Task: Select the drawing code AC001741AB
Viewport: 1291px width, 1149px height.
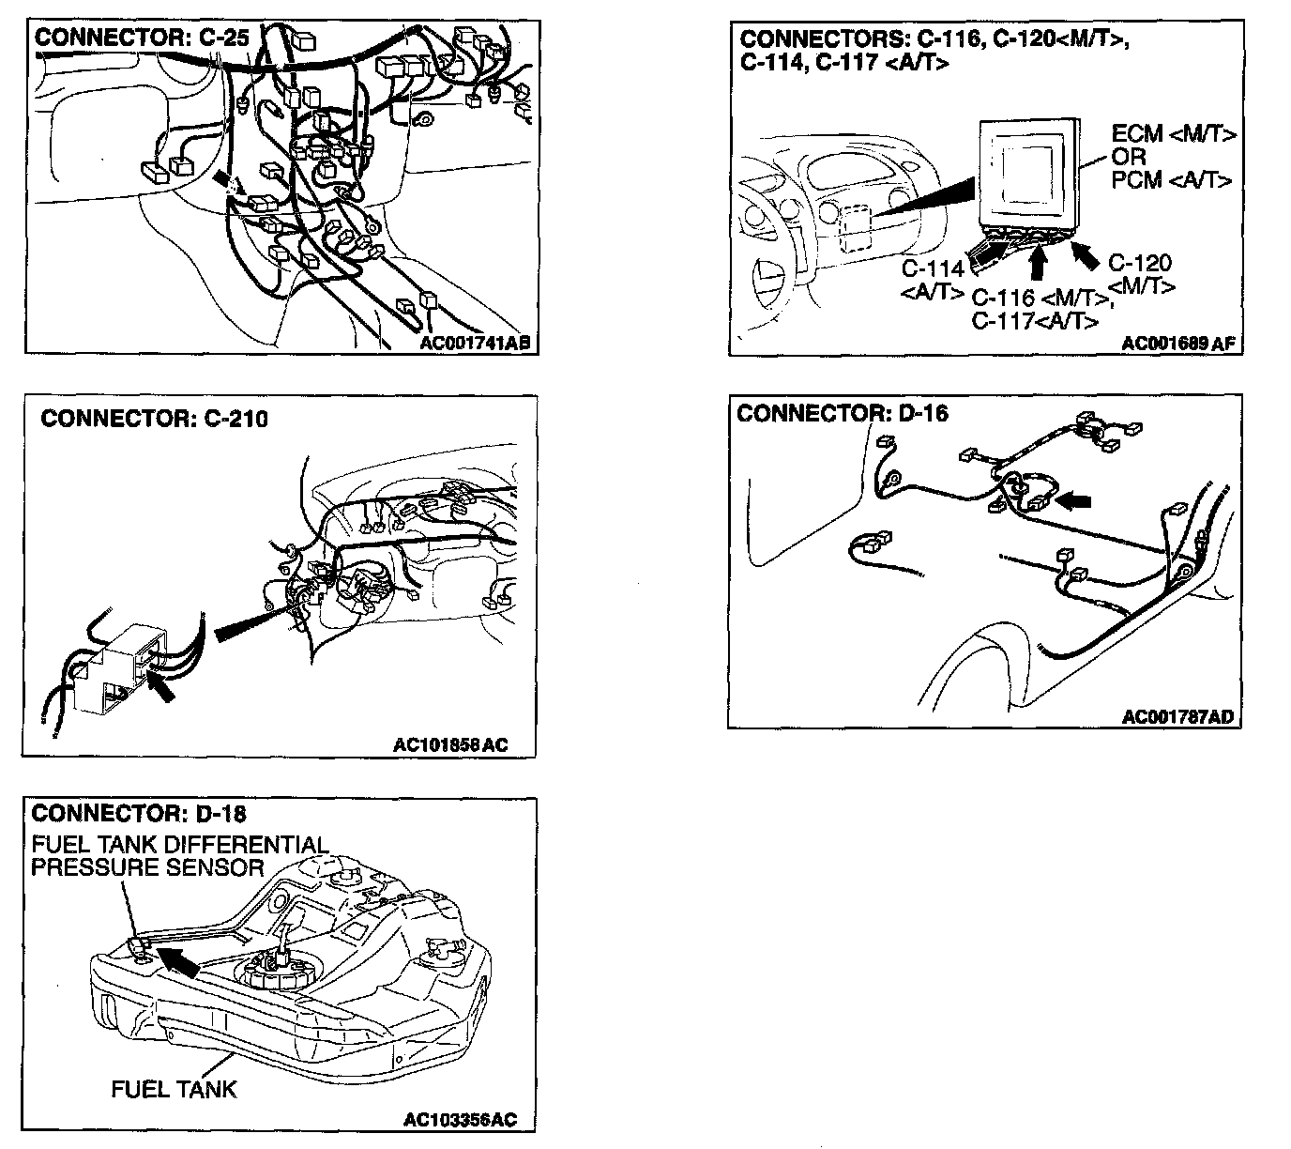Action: click(475, 343)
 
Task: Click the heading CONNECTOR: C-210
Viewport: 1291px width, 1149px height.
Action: click(154, 418)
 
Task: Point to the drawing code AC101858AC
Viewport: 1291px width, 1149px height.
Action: click(450, 745)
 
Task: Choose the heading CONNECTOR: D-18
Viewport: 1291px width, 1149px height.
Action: click(139, 812)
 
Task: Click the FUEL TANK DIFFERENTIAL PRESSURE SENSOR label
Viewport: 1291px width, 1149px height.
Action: click(178, 856)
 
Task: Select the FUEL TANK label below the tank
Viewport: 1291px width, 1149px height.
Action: click(174, 1090)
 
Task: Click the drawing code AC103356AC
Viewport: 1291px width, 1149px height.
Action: click(460, 1120)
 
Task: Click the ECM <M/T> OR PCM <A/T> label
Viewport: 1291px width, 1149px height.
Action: click(1173, 157)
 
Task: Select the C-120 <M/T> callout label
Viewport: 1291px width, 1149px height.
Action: click(1140, 274)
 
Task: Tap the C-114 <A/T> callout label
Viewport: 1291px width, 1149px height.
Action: click(934, 279)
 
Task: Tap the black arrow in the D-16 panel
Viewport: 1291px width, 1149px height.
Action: click(1073, 501)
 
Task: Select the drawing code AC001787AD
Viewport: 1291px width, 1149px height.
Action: click(1178, 717)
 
